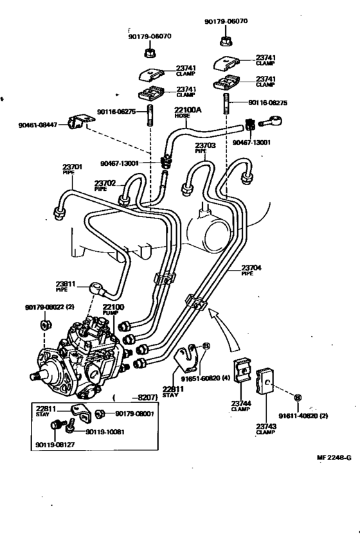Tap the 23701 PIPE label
[73, 169]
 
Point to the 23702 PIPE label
[105, 185]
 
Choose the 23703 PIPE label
[206, 148]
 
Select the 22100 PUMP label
[113, 310]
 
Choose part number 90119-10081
[107, 431]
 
